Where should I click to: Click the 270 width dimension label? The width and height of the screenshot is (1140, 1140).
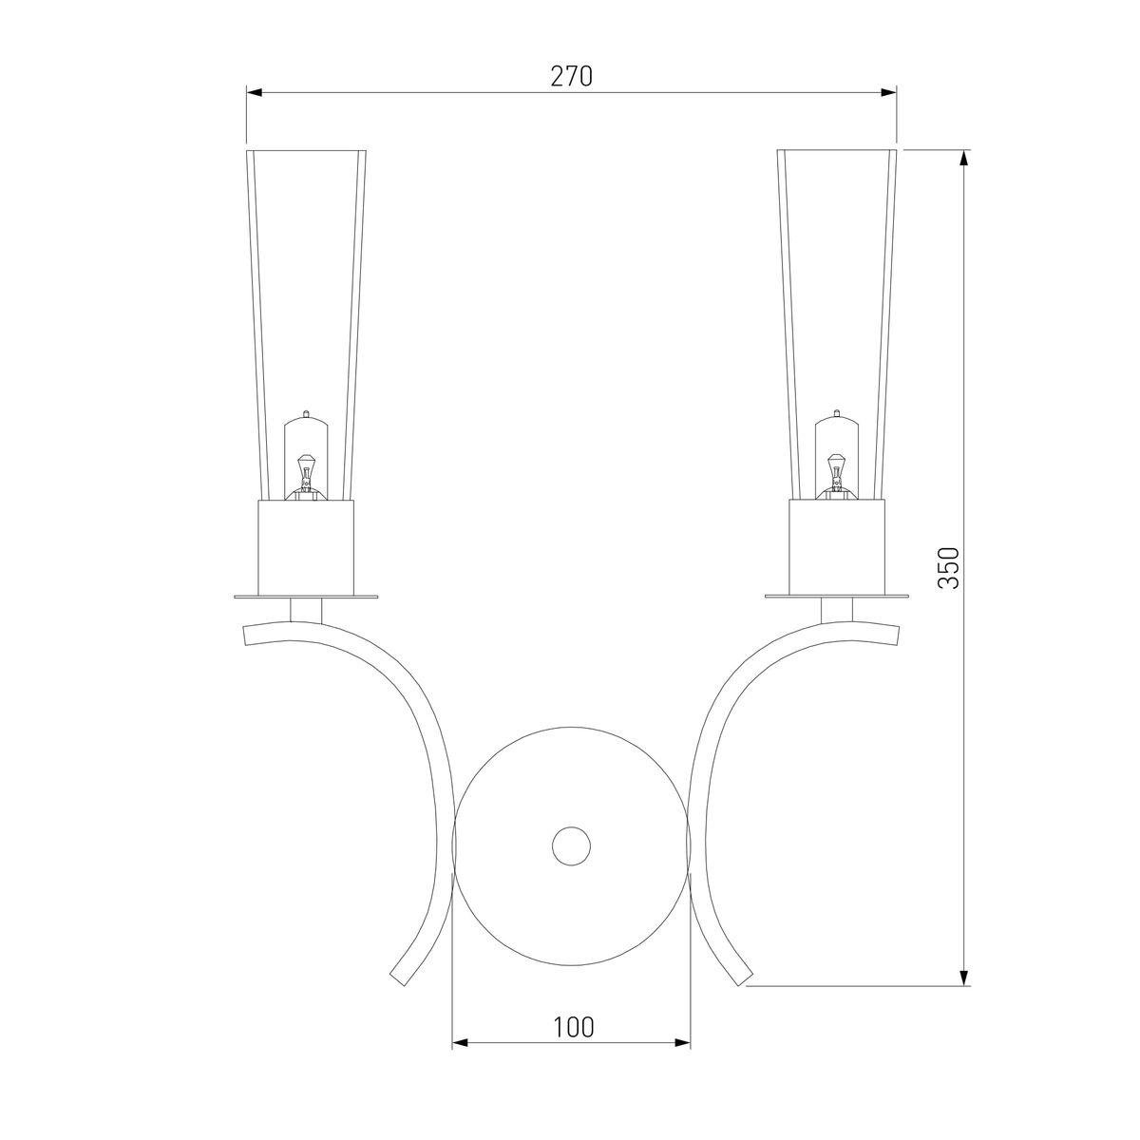[571, 76]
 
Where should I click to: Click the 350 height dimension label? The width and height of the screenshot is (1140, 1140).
[948, 567]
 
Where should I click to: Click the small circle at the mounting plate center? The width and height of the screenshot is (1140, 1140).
[571, 846]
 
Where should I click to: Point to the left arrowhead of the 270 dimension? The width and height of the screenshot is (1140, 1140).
[255, 92]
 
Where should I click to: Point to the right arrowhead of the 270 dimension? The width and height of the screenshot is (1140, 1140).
[888, 92]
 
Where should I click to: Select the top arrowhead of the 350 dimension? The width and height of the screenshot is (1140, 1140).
[963, 159]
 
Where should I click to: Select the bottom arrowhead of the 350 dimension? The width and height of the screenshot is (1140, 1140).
[963, 978]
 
